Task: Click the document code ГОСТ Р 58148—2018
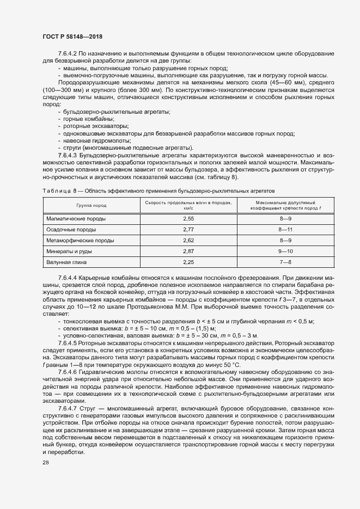(72, 36)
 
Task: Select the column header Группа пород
(91, 206)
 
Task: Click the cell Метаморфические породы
(80, 240)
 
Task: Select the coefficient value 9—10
(285, 251)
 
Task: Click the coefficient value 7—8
(285, 262)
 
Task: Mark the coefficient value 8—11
(285, 229)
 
